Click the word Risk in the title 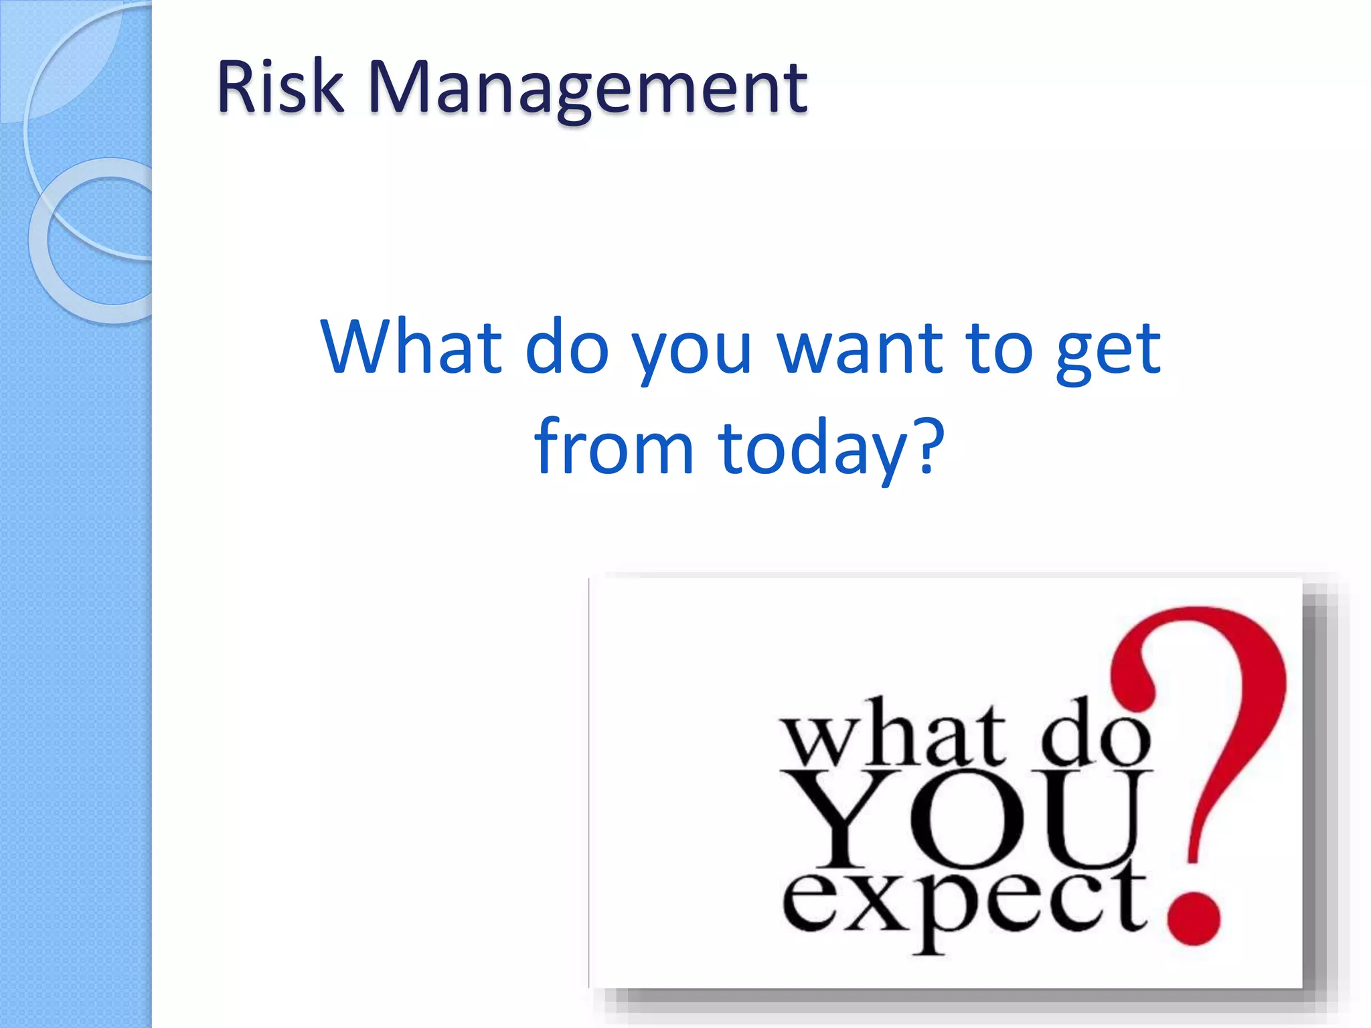(280, 87)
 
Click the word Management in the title (588, 90)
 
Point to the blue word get (1108, 351)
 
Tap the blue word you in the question (692, 353)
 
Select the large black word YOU (964, 821)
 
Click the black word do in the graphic (1094, 734)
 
